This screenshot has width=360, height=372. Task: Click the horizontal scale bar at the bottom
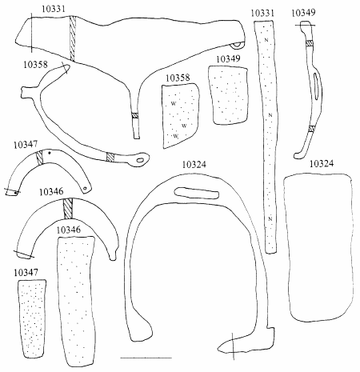(146, 358)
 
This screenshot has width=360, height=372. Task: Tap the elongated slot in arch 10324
(197, 193)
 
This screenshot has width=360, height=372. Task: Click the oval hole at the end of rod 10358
(140, 160)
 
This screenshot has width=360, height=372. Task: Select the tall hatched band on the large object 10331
(73, 38)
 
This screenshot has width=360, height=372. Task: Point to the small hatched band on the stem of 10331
(135, 116)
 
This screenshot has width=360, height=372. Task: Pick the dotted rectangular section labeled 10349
(229, 95)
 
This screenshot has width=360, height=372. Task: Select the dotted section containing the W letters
(180, 116)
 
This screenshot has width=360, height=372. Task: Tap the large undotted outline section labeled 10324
(319, 247)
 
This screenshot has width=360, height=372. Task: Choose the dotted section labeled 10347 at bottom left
(32, 318)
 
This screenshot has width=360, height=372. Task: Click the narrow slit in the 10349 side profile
(316, 86)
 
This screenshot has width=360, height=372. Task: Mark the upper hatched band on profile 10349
(310, 43)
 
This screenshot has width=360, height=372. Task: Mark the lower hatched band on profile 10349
(311, 129)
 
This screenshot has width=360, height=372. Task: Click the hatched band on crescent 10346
(68, 208)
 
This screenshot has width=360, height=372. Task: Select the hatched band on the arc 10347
(39, 158)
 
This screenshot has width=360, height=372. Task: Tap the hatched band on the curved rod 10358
(110, 157)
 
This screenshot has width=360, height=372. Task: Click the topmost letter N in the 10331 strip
(266, 40)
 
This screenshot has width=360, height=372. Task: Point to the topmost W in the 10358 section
(174, 103)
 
